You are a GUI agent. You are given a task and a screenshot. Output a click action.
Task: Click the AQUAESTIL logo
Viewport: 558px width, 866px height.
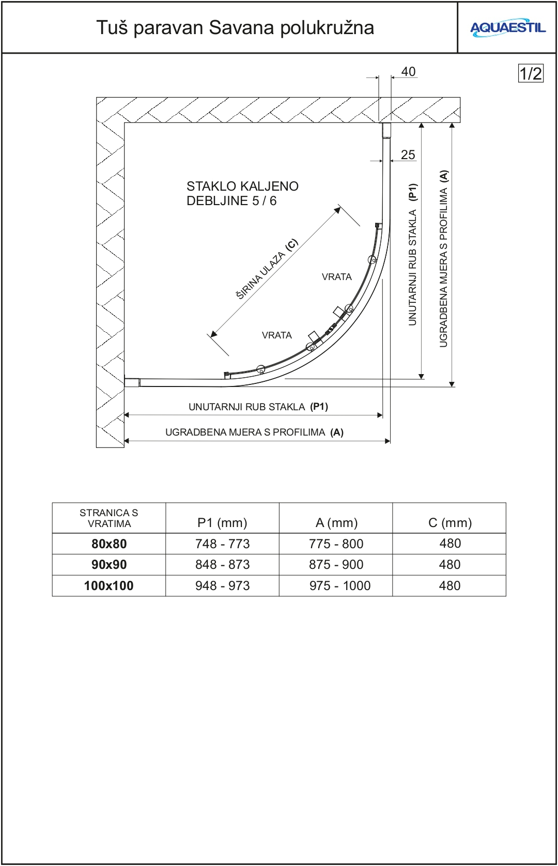[507, 28]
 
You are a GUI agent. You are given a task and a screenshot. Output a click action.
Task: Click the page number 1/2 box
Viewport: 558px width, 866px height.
[531, 73]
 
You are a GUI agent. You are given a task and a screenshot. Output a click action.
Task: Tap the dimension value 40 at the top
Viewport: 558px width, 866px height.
[408, 72]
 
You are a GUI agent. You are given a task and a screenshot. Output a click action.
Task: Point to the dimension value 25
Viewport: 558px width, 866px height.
[408, 154]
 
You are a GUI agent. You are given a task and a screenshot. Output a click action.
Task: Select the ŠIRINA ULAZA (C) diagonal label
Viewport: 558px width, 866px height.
[267, 269]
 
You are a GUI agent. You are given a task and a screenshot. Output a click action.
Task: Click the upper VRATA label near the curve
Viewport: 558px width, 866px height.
[336, 277]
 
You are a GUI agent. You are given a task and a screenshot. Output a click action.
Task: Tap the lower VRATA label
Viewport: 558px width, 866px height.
[276, 335]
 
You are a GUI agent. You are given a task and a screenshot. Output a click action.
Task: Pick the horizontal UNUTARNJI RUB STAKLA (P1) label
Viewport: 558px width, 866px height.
[258, 407]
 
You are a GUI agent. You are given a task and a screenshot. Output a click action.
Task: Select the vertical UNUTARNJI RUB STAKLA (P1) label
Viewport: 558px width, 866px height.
[412, 254]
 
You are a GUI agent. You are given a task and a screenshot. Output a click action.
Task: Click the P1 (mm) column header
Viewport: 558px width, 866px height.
[222, 523]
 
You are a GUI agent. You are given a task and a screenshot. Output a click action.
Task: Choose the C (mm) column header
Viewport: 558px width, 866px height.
[450, 523]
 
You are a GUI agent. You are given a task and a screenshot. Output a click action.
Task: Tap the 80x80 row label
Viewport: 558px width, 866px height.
[109, 544]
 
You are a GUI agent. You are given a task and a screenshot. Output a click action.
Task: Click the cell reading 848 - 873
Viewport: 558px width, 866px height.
[222, 565]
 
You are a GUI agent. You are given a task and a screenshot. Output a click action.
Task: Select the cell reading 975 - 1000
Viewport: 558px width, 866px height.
[339, 586]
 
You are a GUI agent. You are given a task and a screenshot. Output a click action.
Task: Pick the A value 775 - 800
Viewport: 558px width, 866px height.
[336, 544]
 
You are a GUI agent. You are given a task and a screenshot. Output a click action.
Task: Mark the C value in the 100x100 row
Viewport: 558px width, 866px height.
[450, 586]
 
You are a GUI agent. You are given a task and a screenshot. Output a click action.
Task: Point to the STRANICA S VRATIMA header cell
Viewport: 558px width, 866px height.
[109, 518]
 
